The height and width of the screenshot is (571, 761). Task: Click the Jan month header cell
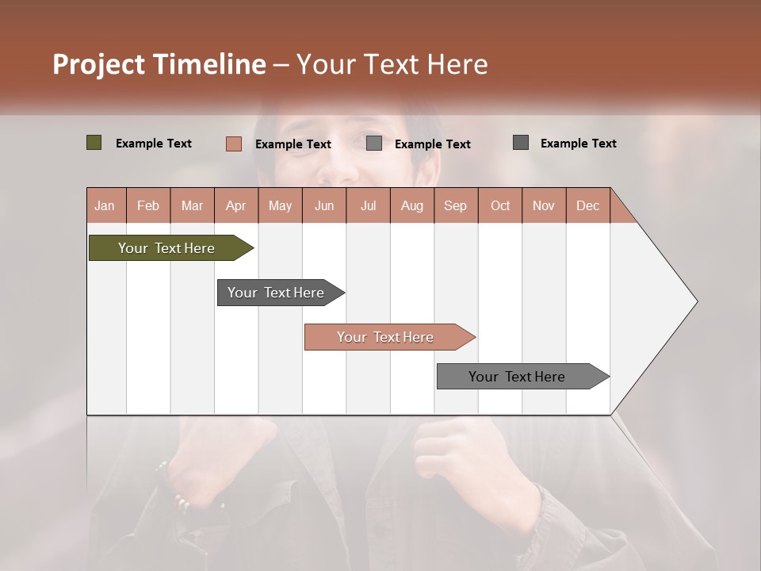point(105,205)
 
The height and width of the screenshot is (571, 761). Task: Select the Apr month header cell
point(236,205)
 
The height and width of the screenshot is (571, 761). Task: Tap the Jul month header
point(369,205)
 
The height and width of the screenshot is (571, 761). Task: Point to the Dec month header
point(587,205)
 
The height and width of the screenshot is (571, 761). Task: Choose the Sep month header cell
point(455,205)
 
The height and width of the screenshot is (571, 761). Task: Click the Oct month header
point(500,205)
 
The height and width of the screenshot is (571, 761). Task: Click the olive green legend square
point(94,143)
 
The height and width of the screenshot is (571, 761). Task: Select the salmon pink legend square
point(233,144)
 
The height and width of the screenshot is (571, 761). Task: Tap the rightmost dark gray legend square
point(521,143)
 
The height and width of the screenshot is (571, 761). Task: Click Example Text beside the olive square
point(154,144)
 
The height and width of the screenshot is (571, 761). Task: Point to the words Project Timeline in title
point(159,64)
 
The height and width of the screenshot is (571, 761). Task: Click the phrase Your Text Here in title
point(392,64)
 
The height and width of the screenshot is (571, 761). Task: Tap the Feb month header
point(148,205)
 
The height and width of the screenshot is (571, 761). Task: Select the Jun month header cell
point(324,205)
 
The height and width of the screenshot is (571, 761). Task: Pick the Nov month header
point(544,205)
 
